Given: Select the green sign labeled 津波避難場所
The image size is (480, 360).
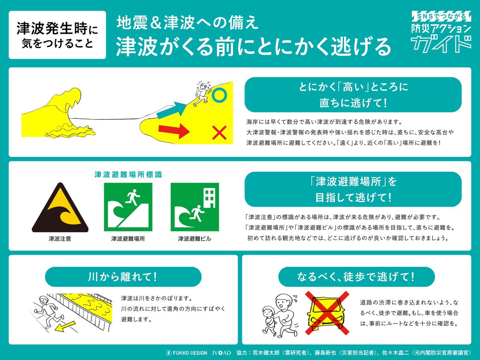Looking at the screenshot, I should click(128, 207).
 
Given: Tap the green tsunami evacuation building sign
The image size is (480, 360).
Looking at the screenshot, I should click(194, 207).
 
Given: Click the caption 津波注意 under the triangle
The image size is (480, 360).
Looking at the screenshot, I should click(60, 239).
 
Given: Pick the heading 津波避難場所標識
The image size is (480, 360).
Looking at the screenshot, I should click(128, 175).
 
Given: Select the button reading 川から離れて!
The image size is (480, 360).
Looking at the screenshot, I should click(123, 276).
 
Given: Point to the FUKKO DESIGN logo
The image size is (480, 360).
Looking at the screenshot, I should click(186, 353).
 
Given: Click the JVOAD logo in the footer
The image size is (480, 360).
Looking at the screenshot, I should click(221, 353).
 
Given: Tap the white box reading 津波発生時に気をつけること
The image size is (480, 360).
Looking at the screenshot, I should click(57, 35).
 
